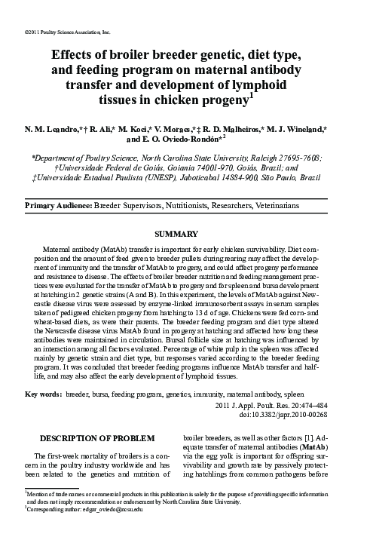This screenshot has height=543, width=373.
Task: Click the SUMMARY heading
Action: click(186, 235)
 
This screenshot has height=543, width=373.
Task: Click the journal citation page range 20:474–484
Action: click(329, 404)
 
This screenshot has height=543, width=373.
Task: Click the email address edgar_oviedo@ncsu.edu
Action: click(113, 530)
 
